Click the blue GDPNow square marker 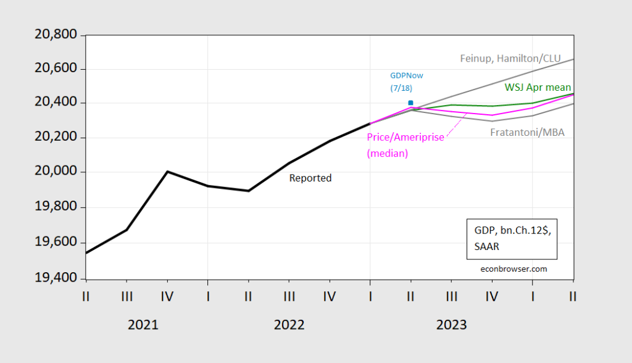[410, 103]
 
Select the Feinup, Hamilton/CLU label [510, 59]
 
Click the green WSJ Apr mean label [538, 87]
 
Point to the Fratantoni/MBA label [527, 132]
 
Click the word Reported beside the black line [310, 178]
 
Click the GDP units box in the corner [512, 238]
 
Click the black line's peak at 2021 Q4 [167, 172]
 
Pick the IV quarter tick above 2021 [167, 297]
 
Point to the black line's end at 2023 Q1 [370, 123]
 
